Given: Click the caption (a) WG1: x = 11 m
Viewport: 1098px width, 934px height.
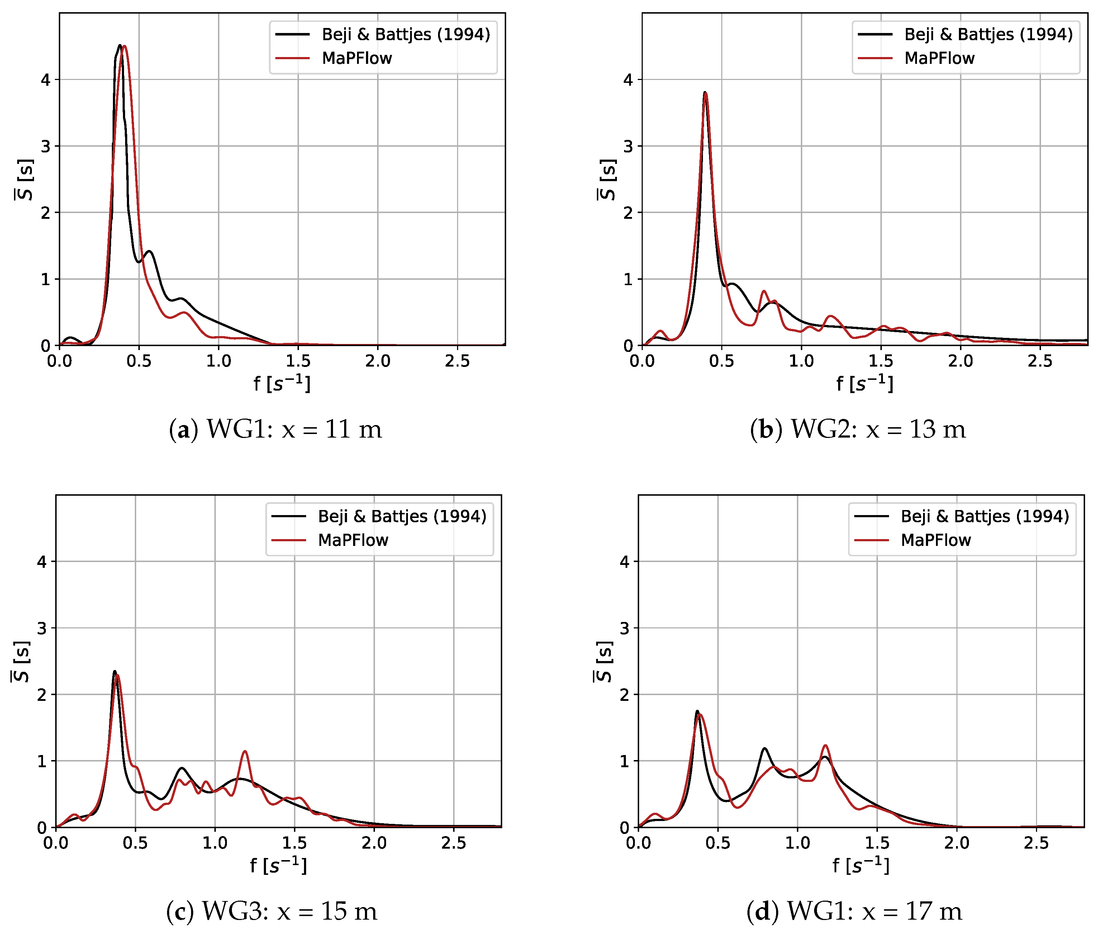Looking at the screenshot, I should pos(275,429).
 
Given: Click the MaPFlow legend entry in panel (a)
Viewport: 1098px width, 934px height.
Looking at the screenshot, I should pos(357,58).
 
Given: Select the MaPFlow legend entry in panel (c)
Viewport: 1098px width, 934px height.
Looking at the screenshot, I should pos(353,540).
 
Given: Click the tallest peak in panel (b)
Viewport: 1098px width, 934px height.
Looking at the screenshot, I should pos(705,93).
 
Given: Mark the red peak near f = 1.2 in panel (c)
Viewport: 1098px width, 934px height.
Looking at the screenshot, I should pos(244,751).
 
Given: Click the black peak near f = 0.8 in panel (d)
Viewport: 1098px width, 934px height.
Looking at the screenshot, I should pos(764,749).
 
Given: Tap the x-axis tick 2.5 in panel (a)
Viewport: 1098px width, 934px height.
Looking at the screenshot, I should pos(457,361).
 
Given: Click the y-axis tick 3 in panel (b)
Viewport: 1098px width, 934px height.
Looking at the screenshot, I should pos(628,147).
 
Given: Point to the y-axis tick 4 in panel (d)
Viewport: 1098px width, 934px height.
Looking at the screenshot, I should pos(624,562).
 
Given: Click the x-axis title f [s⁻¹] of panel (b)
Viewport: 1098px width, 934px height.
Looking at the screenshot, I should pos(865,383).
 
